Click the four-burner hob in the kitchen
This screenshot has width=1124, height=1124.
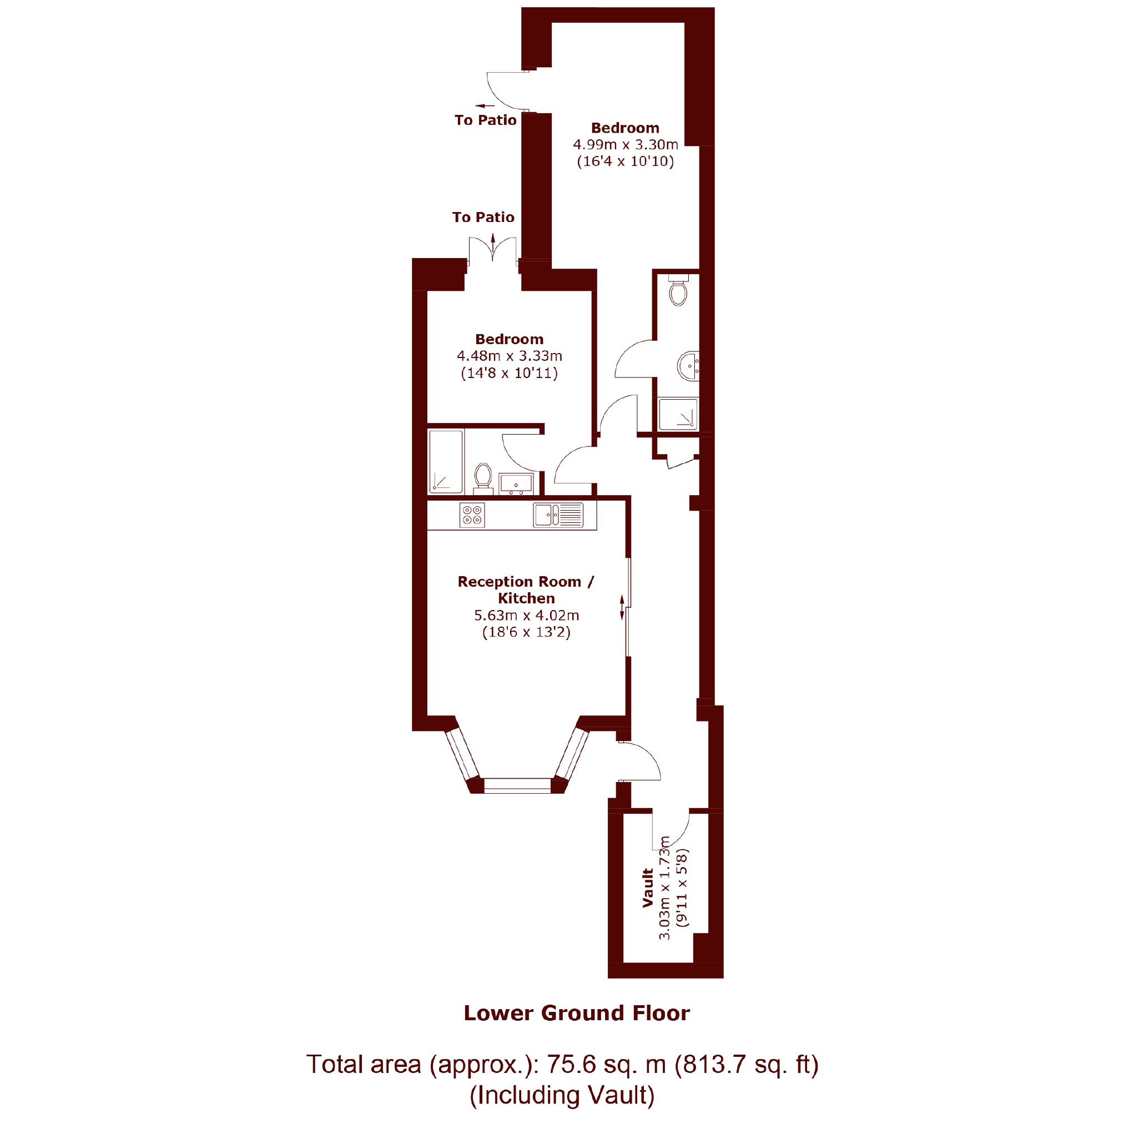[x=472, y=516]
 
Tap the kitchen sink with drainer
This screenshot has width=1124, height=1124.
[x=558, y=515]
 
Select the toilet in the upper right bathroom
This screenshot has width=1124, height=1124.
[x=678, y=290]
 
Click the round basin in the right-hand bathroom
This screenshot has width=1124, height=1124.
[x=688, y=366]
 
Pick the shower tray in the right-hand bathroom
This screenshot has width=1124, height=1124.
[x=678, y=414]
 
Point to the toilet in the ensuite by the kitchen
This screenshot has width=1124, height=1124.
[x=483, y=478]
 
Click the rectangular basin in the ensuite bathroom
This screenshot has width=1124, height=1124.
[x=516, y=484]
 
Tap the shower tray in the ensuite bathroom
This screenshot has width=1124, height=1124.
[x=446, y=461]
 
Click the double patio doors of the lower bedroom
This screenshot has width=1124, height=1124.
[x=493, y=251]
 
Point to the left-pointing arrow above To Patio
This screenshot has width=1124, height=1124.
[x=485, y=106]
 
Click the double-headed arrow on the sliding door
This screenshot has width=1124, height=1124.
[x=622, y=607]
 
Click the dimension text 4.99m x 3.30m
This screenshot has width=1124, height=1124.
[x=626, y=144]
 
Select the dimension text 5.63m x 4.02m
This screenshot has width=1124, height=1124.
[x=527, y=615]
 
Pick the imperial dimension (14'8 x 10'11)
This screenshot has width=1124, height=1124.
[x=509, y=373]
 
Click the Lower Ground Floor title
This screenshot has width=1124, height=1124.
[x=577, y=1013]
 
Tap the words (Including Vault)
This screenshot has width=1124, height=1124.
[x=562, y=1096]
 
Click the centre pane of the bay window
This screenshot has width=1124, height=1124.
[x=517, y=785]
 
